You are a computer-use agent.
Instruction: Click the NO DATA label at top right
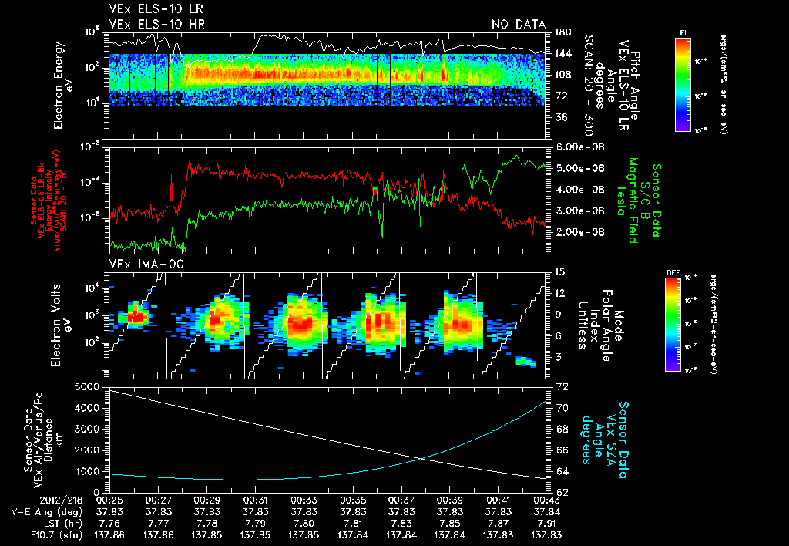tap(519, 25)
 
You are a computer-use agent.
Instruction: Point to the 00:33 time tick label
tap(304, 500)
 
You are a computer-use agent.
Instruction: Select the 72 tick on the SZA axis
tap(561, 386)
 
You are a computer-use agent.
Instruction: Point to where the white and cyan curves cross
tap(422, 459)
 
